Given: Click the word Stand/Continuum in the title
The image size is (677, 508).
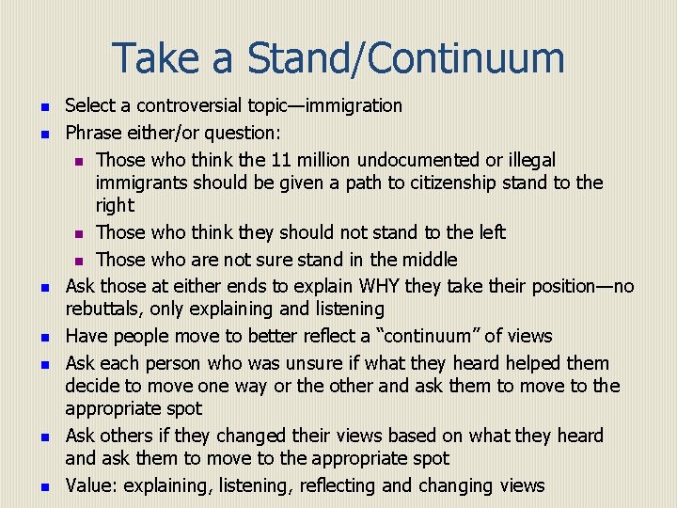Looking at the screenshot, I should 406,58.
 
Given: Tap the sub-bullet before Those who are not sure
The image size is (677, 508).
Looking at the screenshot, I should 81,261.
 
